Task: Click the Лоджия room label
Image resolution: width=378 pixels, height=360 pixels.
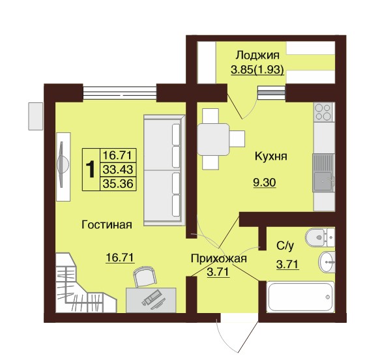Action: [257, 55]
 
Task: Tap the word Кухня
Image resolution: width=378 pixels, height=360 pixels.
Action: [271, 157]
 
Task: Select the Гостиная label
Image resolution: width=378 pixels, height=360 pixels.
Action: [107, 225]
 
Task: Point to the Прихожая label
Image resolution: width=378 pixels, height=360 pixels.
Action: [218, 259]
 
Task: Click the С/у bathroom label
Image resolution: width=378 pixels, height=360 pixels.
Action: [285, 246]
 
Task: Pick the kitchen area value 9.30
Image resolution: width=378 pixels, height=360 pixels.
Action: [265, 183]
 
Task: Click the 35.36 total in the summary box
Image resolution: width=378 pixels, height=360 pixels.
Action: [118, 184]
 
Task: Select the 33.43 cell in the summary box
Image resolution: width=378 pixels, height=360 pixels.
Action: [118, 170]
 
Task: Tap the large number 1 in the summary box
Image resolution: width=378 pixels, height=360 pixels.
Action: [91, 170]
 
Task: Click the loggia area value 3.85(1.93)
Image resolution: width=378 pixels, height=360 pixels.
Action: [257, 70]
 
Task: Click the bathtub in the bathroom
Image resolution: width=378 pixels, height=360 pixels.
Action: [300, 297]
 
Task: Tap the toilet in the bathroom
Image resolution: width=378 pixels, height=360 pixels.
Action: [319, 237]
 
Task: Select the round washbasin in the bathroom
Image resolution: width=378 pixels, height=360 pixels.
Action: [327, 262]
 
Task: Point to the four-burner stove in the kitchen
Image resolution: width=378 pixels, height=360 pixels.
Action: [323, 112]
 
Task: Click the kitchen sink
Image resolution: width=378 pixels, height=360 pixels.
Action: [323, 173]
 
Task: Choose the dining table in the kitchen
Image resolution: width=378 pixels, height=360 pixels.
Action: [213, 139]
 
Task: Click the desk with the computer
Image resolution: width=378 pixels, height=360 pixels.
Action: [151, 300]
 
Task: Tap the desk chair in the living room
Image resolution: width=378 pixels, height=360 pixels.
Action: [145, 277]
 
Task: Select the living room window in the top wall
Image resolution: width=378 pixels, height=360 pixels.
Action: [120, 93]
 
